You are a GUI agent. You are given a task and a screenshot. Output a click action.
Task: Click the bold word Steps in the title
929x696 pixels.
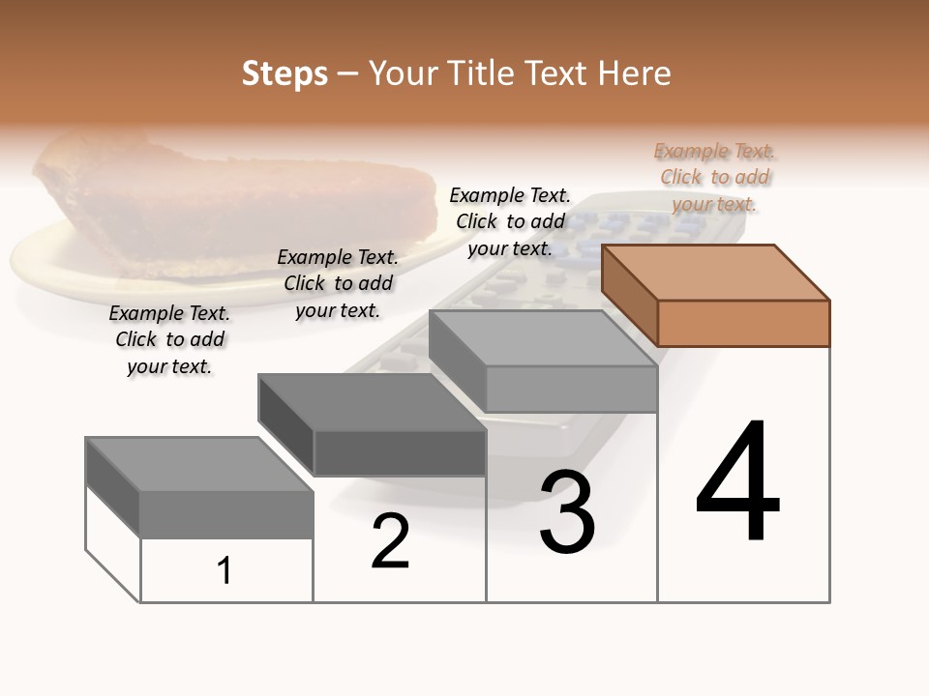coord(285,73)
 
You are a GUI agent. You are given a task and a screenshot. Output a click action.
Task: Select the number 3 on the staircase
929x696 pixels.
coord(567,512)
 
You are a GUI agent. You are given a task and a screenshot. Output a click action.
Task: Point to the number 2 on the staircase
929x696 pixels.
coord(390,540)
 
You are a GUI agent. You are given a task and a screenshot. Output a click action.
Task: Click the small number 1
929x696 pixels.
coord(225,571)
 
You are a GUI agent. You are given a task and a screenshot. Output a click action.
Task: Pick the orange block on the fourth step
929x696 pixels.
coord(716,295)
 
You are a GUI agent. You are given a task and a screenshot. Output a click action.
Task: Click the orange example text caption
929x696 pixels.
coord(714,178)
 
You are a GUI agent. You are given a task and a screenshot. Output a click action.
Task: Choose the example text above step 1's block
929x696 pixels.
coord(169,339)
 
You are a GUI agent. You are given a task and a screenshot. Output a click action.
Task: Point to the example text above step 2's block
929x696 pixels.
coord(338,283)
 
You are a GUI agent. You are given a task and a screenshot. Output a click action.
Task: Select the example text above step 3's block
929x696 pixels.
coord(510,221)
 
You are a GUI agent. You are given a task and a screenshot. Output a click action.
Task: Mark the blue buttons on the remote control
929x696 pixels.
coord(619,232)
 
